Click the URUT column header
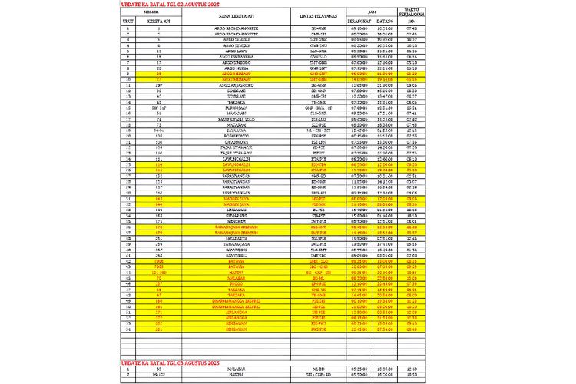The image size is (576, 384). (127, 22)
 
